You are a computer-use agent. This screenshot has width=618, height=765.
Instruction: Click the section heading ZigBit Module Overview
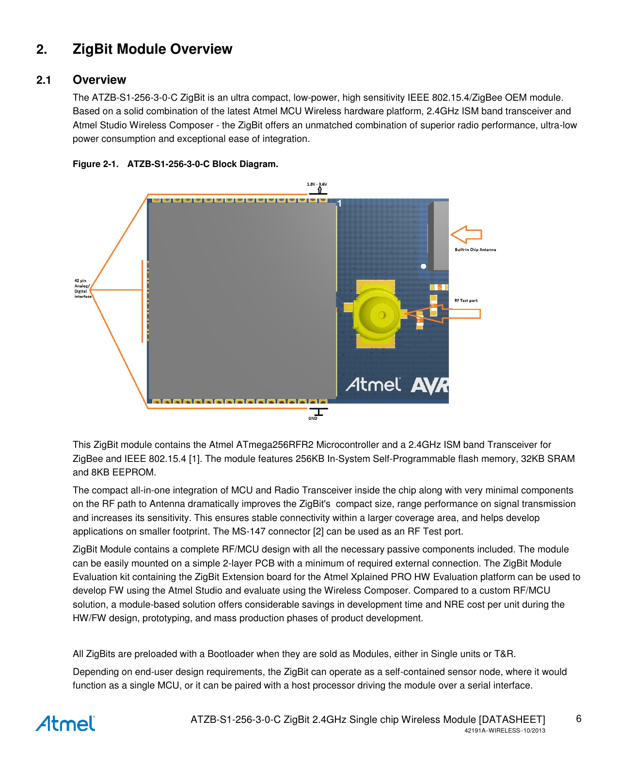(x=152, y=49)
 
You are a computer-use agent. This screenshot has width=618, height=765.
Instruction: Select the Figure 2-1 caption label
(x=95, y=164)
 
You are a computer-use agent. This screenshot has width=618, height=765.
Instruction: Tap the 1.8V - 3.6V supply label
(x=317, y=184)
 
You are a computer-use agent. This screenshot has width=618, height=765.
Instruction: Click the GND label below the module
(x=313, y=418)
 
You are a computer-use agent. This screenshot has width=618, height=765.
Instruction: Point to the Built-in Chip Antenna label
(x=475, y=250)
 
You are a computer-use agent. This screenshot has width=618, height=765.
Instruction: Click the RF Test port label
(x=466, y=301)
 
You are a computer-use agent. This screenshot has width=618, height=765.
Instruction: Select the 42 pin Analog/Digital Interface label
(x=82, y=289)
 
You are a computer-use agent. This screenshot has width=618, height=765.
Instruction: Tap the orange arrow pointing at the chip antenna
(x=466, y=235)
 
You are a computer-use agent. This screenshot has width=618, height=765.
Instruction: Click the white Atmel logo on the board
(x=373, y=385)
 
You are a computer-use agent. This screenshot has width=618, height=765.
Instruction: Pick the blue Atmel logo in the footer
(x=65, y=723)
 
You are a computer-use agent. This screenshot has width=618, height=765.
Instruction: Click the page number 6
(x=578, y=719)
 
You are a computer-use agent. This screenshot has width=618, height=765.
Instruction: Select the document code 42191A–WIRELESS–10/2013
(x=505, y=731)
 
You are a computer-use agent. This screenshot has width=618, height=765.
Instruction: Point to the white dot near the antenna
(x=423, y=266)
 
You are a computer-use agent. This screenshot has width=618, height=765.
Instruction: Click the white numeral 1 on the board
(x=340, y=203)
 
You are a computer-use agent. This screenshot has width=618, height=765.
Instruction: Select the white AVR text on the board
(x=430, y=386)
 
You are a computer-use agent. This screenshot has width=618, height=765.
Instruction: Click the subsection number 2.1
(x=44, y=80)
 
